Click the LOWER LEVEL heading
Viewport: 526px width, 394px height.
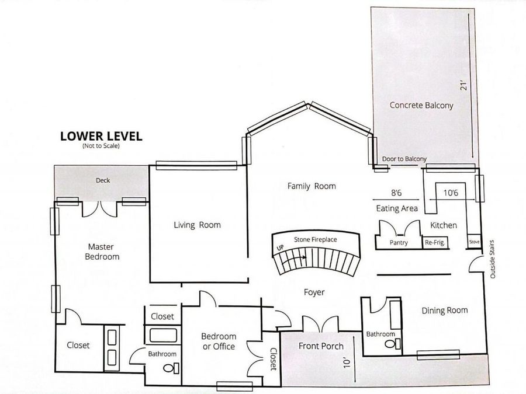pos(101,136)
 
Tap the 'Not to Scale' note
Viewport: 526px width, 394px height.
pos(101,146)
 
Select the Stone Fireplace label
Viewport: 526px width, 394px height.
pos(316,239)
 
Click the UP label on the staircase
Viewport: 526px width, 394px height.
pos(280,248)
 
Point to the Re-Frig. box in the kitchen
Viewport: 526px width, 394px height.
pos(435,243)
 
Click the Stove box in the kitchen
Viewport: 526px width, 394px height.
pos(475,242)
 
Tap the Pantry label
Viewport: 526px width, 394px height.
pos(399,243)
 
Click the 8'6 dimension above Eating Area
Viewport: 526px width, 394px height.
pos(396,193)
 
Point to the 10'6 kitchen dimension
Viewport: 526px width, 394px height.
pos(451,193)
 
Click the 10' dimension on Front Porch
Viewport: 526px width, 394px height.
pos(347,362)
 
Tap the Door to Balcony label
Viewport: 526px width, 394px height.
pos(404,159)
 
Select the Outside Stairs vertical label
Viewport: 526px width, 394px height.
pos(492,259)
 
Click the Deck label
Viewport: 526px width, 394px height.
pos(103,180)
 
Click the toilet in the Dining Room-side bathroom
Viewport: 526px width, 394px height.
pos(392,344)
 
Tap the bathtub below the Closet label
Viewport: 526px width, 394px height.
pos(164,336)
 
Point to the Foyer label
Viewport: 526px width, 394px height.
pos(314,292)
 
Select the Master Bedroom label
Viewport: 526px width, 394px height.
pos(102,252)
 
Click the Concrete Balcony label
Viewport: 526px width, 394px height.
pos(421,105)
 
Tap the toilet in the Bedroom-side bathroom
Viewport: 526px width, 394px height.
pos(171,368)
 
